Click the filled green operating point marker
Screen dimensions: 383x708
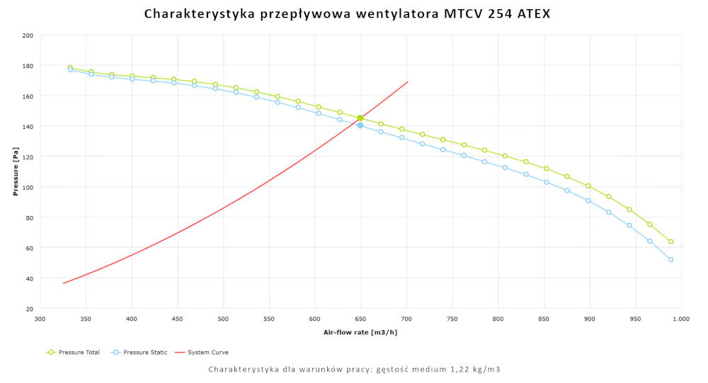pyautogui.click(x=360, y=118)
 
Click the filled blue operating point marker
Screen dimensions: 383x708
pyautogui.click(x=360, y=125)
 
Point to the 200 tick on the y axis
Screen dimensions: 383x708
pyautogui.click(x=28, y=35)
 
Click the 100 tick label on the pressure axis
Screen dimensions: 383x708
pyautogui.click(x=28, y=187)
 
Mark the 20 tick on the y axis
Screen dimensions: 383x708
pyautogui.click(x=29, y=309)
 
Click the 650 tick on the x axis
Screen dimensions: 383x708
pyautogui.click(x=360, y=319)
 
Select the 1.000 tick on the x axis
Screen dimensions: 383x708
pyautogui.click(x=681, y=319)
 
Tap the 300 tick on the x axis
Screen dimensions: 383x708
pyautogui.click(x=40, y=319)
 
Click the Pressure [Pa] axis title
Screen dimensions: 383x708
pyautogui.click(x=16, y=172)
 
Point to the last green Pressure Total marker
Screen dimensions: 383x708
pyautogui.click(x=670, y=241)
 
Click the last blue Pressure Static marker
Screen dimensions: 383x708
pyautogui.click(x=670, y=260)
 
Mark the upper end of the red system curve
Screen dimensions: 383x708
pyautogui.click(x=408, y=82)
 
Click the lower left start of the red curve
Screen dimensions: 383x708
pyautogui.click(x=64, y=283)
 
